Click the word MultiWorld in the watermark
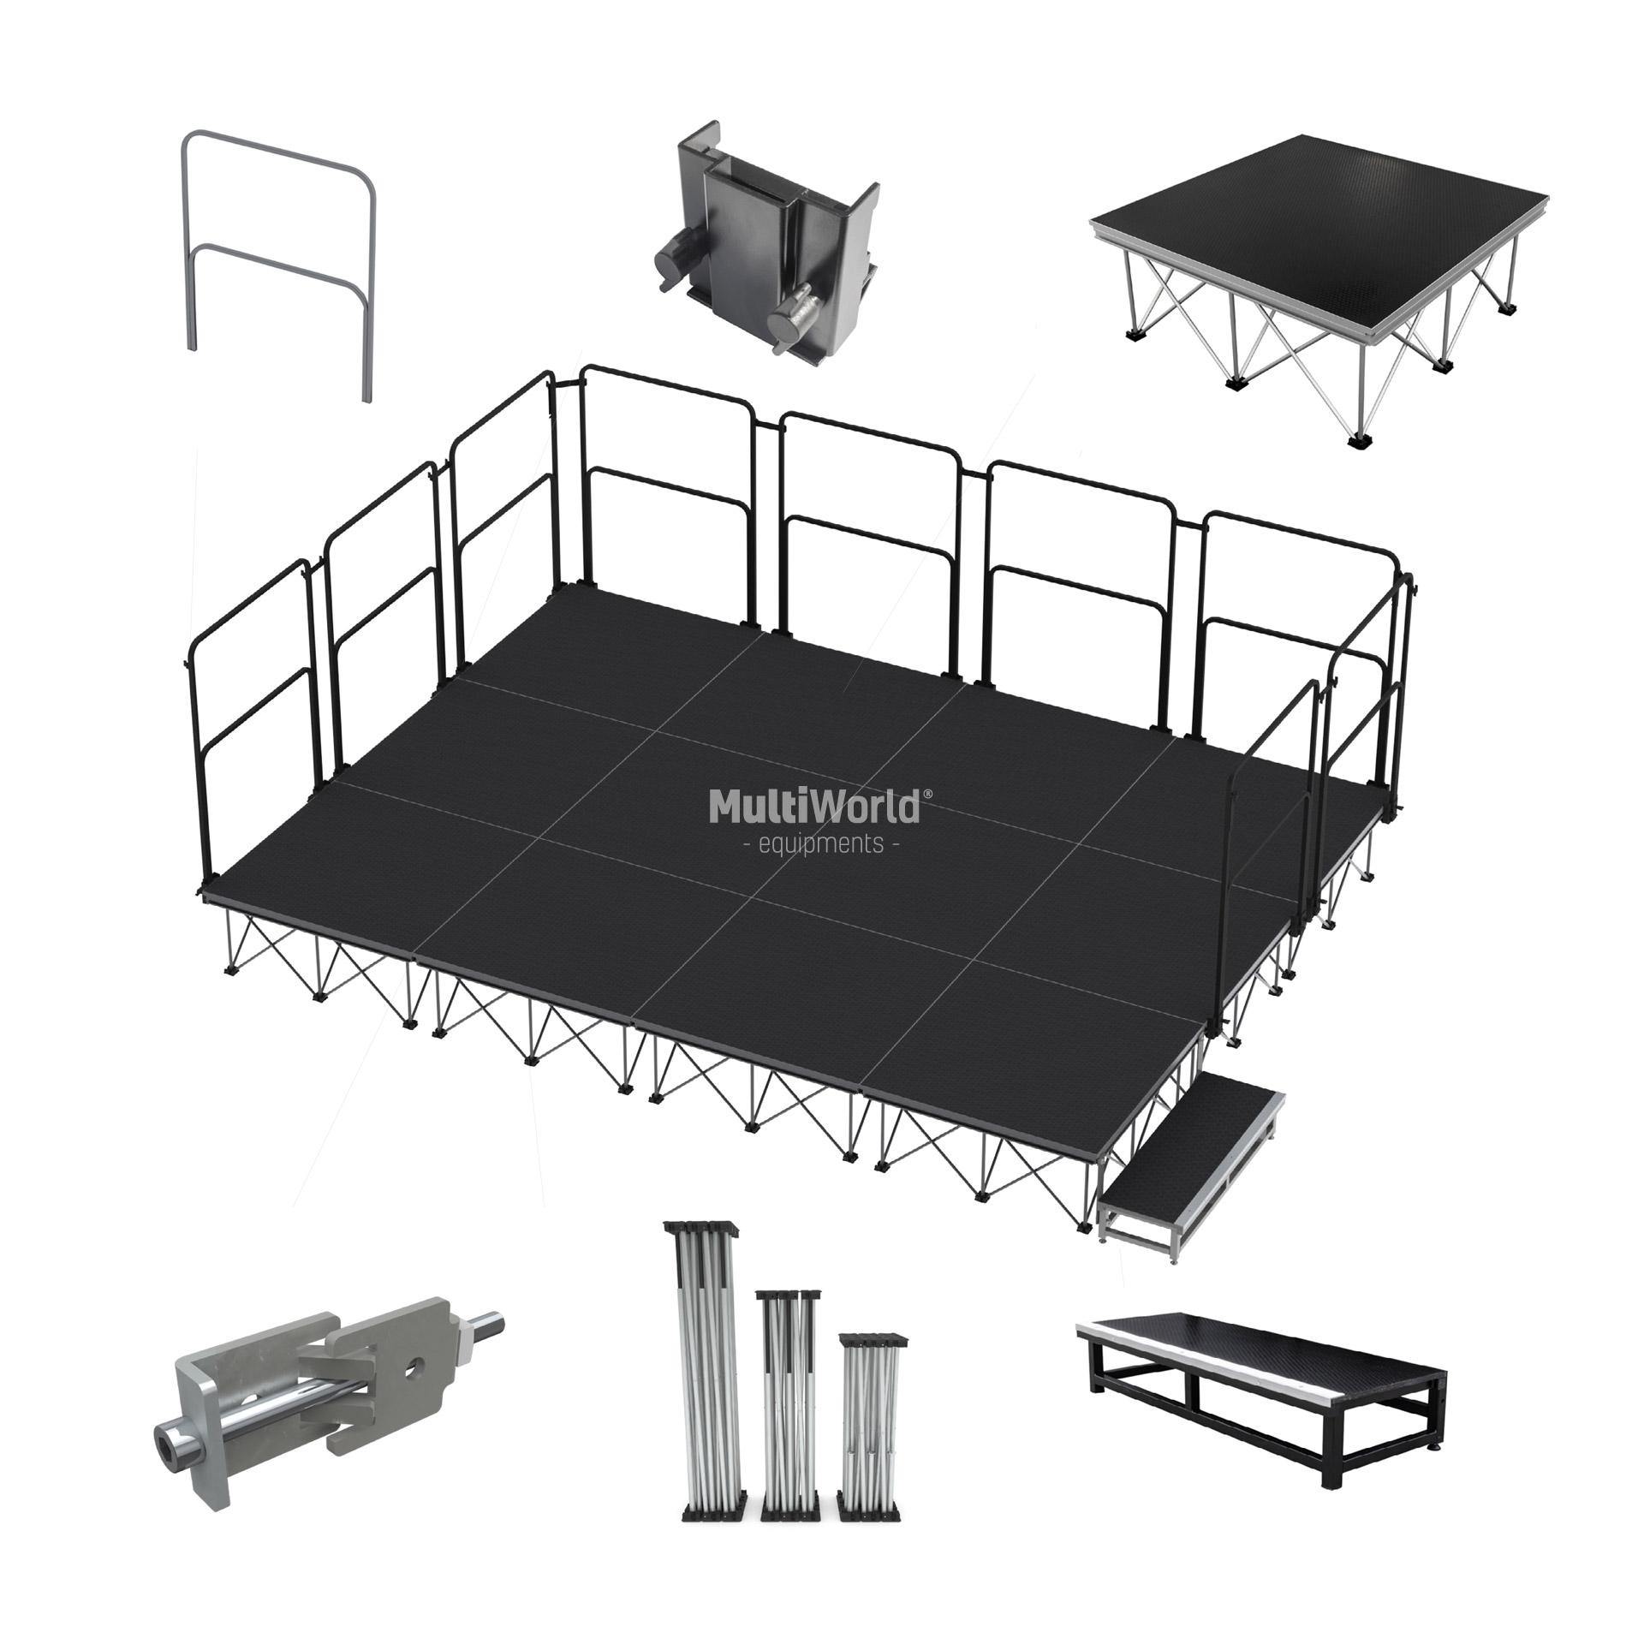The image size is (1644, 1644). click(x=813, y=806)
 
